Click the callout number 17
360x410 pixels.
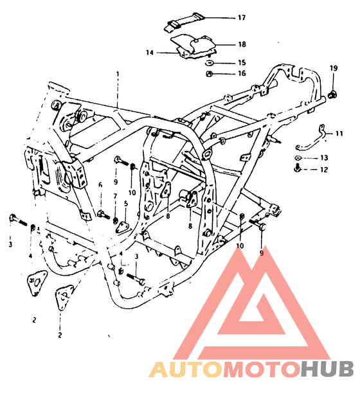(242, 18)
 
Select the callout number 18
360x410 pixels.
(242, 44)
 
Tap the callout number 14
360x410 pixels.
(149, 53)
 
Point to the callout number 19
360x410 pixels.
(333, 68)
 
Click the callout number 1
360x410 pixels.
(118, 74)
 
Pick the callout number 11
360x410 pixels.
(339, 134)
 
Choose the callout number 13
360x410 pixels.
(324, 157)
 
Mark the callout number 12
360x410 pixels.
(324, 170)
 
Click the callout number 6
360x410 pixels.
(100, 185)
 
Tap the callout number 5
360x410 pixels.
(126, 204)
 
